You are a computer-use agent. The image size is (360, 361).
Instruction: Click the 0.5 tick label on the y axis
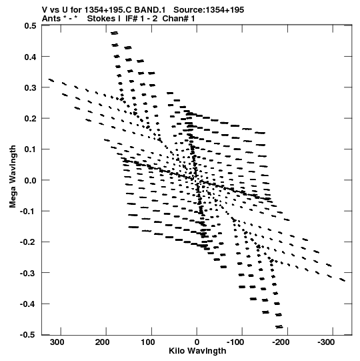click(30, 25)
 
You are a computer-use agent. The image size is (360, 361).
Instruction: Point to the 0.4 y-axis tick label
click(30, 57)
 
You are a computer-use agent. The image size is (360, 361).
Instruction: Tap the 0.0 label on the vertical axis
click(30, 180)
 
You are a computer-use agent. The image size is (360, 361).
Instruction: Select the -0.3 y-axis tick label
click(28, 274)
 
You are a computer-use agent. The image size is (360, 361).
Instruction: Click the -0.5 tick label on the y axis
click(28, 335)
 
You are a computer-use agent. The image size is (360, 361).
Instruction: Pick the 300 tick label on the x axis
click(57, 342)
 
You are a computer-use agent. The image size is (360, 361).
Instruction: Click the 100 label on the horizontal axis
click(148, 342)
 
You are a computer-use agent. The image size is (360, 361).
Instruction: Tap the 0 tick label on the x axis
click(197, 342)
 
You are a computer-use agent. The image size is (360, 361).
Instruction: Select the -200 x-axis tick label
click(281, 342)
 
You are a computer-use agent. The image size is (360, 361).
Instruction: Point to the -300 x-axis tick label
click(326, 342)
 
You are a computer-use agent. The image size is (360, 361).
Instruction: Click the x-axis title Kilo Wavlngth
click(197, 351)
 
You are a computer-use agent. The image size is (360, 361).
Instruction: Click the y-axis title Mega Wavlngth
click(13, 177)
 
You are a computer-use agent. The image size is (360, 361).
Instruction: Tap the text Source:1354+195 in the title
click(209, 10)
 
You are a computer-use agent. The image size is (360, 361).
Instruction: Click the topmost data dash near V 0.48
click(114, 33)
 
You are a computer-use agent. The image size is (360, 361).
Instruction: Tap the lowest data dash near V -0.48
click(279, 327)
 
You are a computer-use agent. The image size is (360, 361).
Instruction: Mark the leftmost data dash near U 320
click(51, 80)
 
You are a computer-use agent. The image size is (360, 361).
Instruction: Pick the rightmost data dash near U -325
click(343, 280)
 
